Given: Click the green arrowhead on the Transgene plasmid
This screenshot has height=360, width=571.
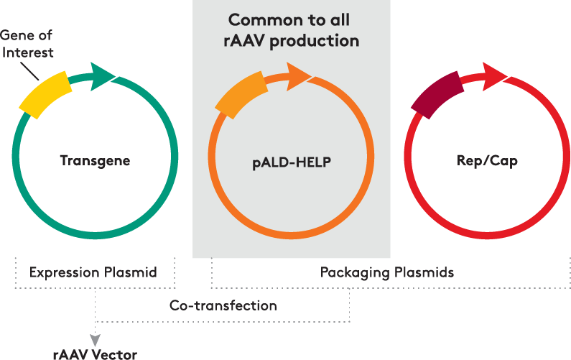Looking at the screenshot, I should (103, 74).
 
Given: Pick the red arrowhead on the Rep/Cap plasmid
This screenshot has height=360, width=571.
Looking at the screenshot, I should (494, 74).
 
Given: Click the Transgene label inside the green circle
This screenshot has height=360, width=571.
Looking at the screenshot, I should (95, 160).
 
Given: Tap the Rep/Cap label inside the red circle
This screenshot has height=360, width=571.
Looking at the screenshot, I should (487, 161).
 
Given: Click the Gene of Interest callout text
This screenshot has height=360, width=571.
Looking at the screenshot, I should (27, 44).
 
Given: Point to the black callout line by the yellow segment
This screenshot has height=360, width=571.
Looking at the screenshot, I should (29, 70).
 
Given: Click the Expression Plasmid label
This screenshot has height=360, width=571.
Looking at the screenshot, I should (93, 272).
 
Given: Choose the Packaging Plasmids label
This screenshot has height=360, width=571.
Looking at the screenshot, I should (386, 272).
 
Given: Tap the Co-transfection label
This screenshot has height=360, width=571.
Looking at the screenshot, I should (223, 305).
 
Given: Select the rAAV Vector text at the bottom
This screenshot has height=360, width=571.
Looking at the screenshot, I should (94, 354).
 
